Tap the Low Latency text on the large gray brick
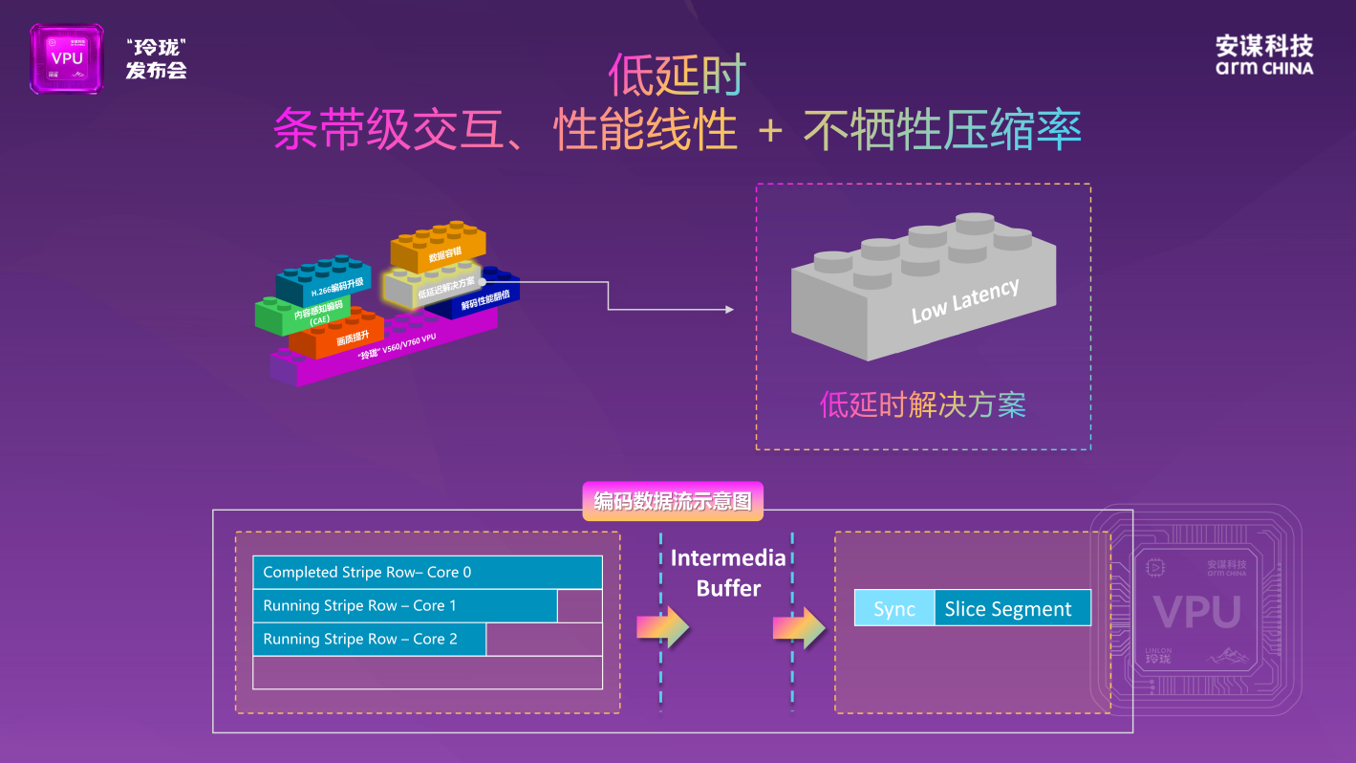(x=965, y=300)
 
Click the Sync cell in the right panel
(x=894, y=609)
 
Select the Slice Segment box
(x=1012, y=609)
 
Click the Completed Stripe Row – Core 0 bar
(x=427, y=572)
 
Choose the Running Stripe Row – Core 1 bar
(x=404, y=605)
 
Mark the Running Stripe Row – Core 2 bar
(x=369, y=639)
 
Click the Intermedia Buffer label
(x=728, y=573)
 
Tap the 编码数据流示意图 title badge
(x=673, y=501)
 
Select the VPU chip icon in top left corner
(x=66, y=58)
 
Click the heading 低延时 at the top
(x=677, y=76)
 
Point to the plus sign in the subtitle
(x=769, y=131)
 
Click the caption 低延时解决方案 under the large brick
(x=922, y=405)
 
